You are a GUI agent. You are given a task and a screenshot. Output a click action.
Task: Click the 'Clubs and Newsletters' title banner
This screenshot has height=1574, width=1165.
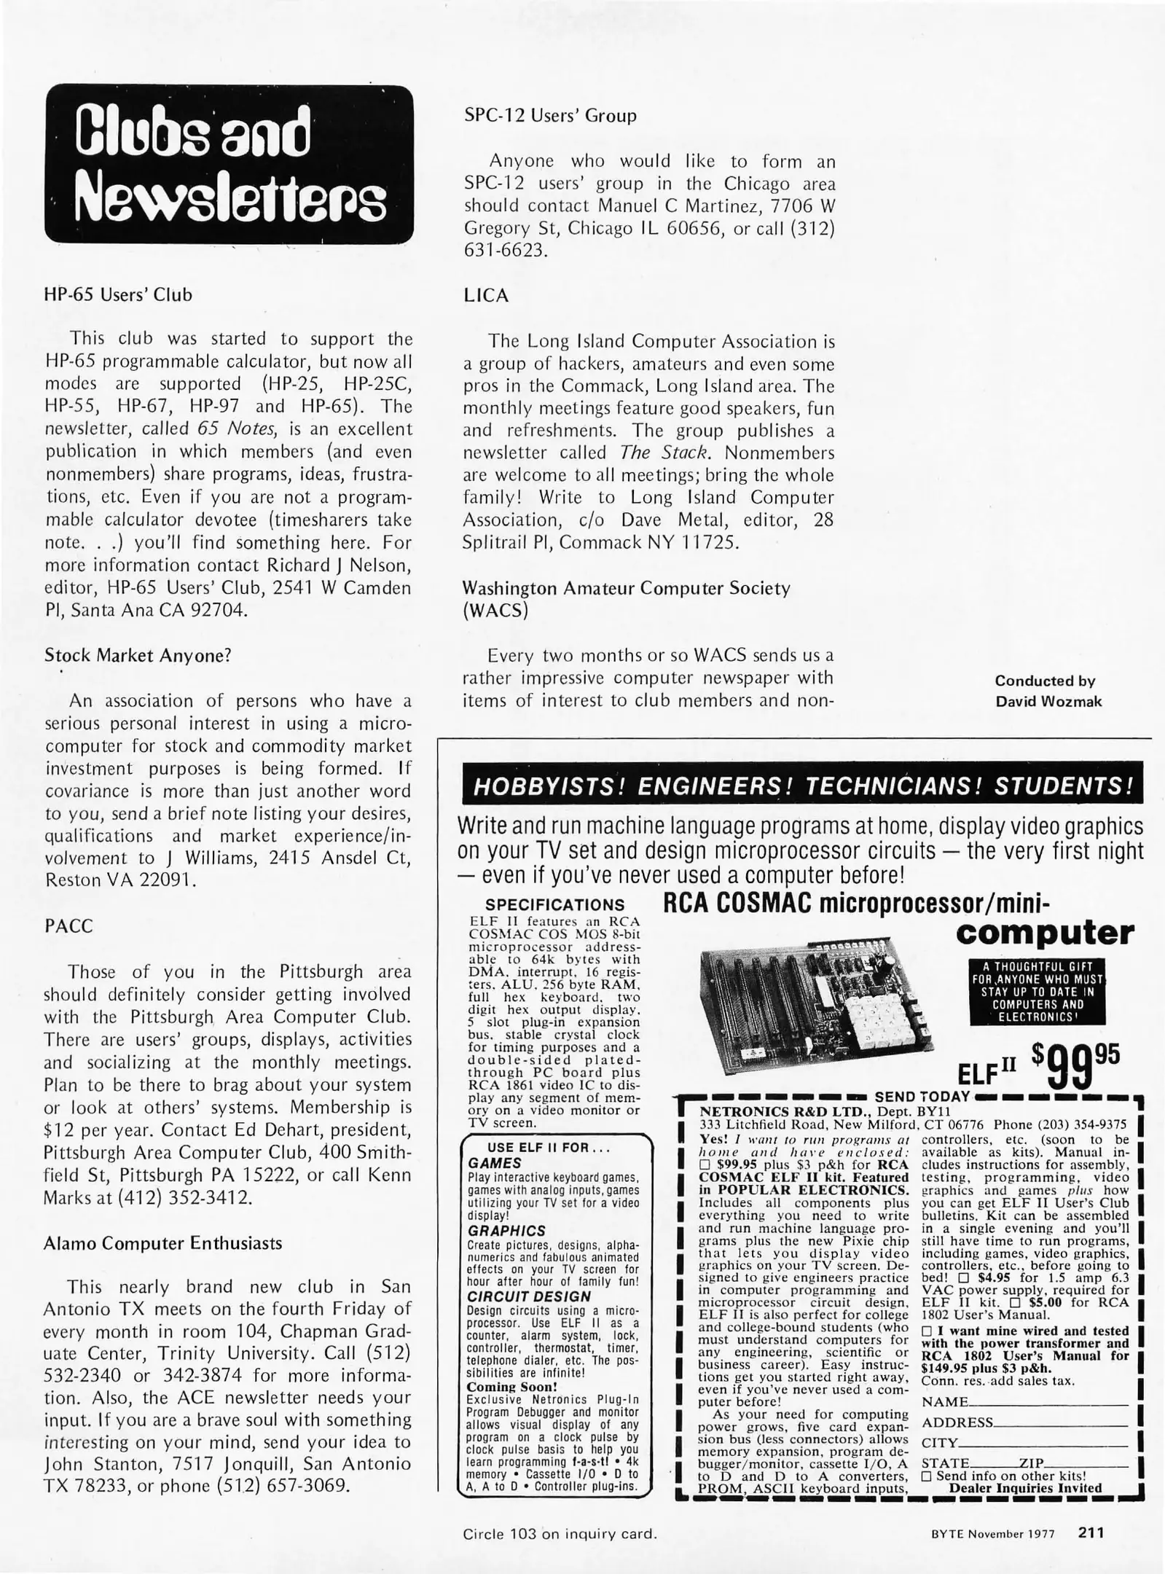click(x=229, y=164)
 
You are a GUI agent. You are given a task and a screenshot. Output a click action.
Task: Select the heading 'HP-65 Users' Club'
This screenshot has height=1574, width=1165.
click(x=119, y=295)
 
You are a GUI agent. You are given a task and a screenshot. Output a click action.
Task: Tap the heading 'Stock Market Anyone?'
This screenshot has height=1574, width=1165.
click(x=138, y=655)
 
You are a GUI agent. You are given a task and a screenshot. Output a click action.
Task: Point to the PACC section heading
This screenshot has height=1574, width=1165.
click(x=69, y=926)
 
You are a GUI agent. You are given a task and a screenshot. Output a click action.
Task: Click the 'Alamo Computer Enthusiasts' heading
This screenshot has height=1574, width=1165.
click(x=163, y=1243)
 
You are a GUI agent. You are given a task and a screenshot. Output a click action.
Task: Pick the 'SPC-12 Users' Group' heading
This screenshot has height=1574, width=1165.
click(x=550, y=115)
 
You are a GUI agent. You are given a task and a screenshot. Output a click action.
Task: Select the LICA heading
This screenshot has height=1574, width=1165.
click(x=486, y=296)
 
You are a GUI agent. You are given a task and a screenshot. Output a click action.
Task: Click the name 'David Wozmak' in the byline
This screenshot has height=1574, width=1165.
click(x=1048, y=702)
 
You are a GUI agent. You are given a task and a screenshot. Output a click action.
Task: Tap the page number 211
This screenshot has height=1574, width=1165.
click(x=1091, y=1532)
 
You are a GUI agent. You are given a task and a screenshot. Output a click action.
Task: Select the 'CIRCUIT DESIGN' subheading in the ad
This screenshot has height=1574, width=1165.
click(x=528, y=1296)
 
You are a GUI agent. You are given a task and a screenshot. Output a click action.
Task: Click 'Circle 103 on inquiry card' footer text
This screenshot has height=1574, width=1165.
click(x=560, y=1533)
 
